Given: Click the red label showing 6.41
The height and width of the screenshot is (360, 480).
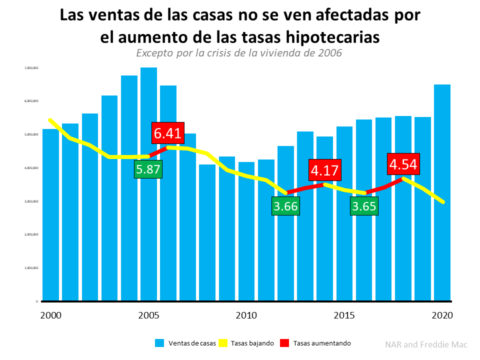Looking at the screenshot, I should coord(168,133).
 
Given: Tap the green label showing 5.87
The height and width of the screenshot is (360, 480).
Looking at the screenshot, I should coord(148,169).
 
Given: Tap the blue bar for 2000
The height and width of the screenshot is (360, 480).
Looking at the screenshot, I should coord(50,225).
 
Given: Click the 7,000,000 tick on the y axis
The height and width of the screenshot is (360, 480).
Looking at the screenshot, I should coord(31,67).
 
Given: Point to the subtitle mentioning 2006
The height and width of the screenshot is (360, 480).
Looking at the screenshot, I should coord(239,52).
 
